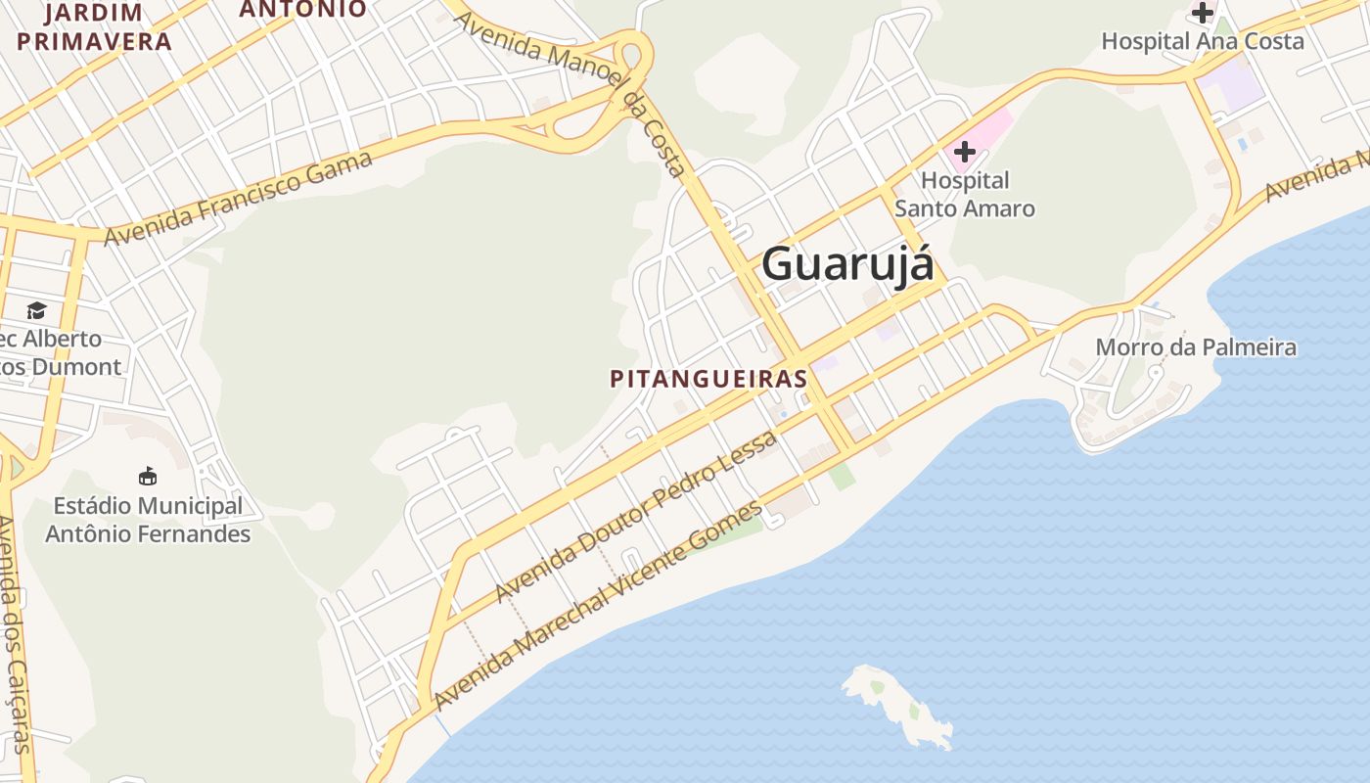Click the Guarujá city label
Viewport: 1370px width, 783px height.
pyautogui.click(x=847, y=264)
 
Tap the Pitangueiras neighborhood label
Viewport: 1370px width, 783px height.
pyautogui.click(x=708, y=379)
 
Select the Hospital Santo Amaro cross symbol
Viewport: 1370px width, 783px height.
pyautogui.click(x=965, y=152)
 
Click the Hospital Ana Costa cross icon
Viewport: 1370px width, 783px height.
pyautogui.click(x=1202, y=13)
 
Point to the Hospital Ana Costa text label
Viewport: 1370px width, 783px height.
pyautogui.click(x=1203, y=41)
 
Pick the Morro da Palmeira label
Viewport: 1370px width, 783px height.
pyautogui.click(x=1196, y=347)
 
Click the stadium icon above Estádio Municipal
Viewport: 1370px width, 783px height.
pyautogui.click(x=148, y=477)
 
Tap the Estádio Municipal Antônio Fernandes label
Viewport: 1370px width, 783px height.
pyautogui.click(x=148, y=520)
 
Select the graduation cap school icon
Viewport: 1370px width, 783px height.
pyautogui.click(x=36, y=310)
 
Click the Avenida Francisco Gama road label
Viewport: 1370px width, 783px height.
pyautogui.click(x=239, y=199)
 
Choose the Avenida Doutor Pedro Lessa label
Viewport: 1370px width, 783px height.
pyautogui.click(x=637, y=516)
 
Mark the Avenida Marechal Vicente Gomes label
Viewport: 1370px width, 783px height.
pyautogui.click(x=598, y=606)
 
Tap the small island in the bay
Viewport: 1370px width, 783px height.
pyautogui.click(x=896, y=703)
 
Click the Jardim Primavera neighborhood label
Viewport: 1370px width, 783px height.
pyautogui.click(x=94, y=27)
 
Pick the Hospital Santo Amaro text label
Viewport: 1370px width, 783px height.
pyautogui.click(x=965, y=195)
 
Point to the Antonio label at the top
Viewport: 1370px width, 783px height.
pyautogui.click(x=303, y=9)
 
